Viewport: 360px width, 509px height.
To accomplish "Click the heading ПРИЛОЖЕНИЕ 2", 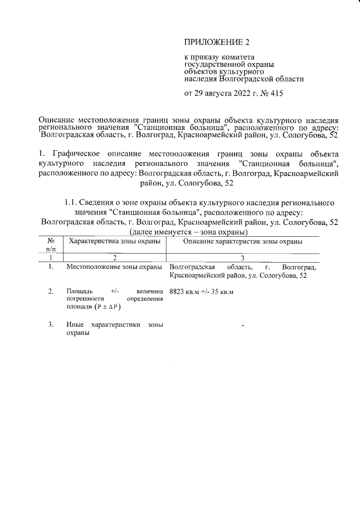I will [216, 42].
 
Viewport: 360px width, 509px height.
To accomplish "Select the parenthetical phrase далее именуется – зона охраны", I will [181, 232].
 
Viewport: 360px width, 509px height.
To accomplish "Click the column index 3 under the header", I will [242, 258].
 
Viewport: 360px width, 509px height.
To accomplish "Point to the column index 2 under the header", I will [115, 258].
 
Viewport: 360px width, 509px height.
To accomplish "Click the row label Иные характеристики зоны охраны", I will [114, 328].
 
